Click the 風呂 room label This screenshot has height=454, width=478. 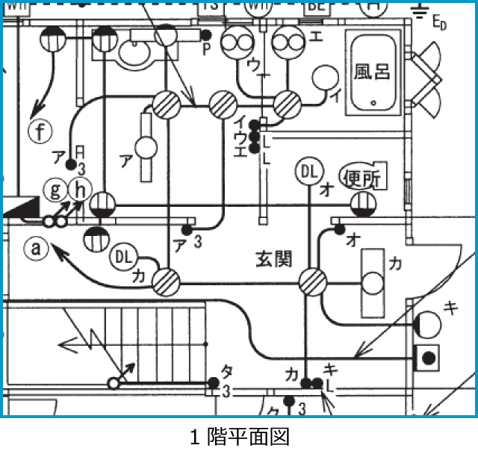point(373,72)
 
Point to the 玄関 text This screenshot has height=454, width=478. point(274,259)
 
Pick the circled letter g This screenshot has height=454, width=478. point(55,189)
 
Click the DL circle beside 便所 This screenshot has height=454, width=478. point(308,172)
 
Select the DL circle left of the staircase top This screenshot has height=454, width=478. point(124,258)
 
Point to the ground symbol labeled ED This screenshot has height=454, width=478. point(422,11)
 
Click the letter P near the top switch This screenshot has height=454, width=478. point(207,49)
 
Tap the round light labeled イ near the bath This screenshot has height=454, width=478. point(325,78)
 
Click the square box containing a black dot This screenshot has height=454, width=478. point(428,358)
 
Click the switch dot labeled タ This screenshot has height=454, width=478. point(214,383)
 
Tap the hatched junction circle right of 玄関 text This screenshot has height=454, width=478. point(312,282)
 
